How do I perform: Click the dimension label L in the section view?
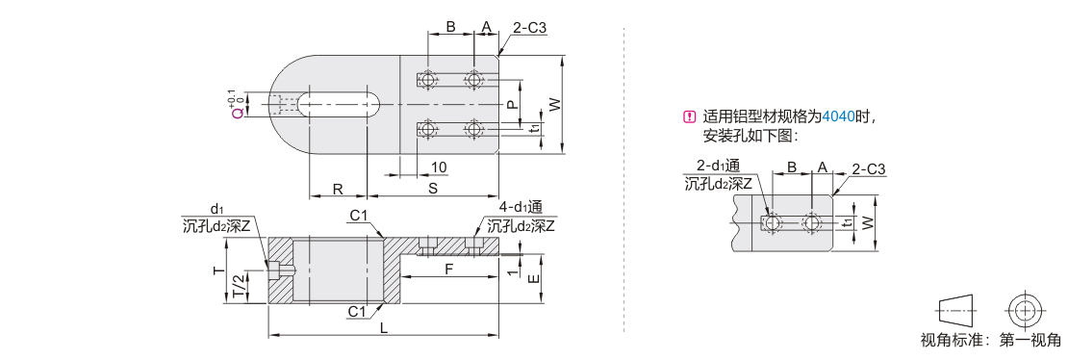[x=384, y=328]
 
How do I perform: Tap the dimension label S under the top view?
[x=433, y=189]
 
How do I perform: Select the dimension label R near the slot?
[x=338, y=189]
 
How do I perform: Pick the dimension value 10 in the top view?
[x=439, y=167]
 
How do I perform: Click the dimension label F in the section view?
[x=448, y=270]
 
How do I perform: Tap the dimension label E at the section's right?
[x=535, y=278]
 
